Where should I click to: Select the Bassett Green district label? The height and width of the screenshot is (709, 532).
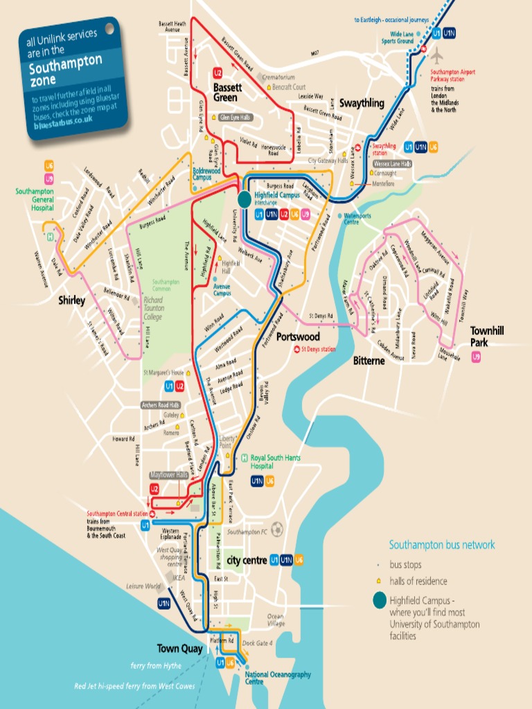click(x=227, y=93)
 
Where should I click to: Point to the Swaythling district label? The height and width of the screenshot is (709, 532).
click(x=361, y=103)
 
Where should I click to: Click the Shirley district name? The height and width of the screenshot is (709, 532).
click(x=71, y=300)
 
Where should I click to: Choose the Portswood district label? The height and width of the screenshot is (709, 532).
click(x=298, y=336)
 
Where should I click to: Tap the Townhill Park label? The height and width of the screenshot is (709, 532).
click(x=487, y=336)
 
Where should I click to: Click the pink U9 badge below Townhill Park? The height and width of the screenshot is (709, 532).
click(x=476, y=357)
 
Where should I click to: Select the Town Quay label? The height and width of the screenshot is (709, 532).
click(x=179, y=649)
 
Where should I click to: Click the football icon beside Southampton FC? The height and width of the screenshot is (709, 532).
click(x=278, y=529)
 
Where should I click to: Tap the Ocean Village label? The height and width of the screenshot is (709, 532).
click(x=275, y=620)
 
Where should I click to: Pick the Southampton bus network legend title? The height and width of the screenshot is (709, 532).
click(x=441, y=545)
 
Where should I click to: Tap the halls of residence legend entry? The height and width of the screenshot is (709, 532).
click(x=418, y=581)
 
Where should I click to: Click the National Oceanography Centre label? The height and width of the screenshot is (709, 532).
click(x=278, y=678)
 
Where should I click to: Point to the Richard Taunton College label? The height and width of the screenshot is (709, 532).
click(x=152, y=309)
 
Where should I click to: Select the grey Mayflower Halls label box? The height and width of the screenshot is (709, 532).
click(x=170, y=476)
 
